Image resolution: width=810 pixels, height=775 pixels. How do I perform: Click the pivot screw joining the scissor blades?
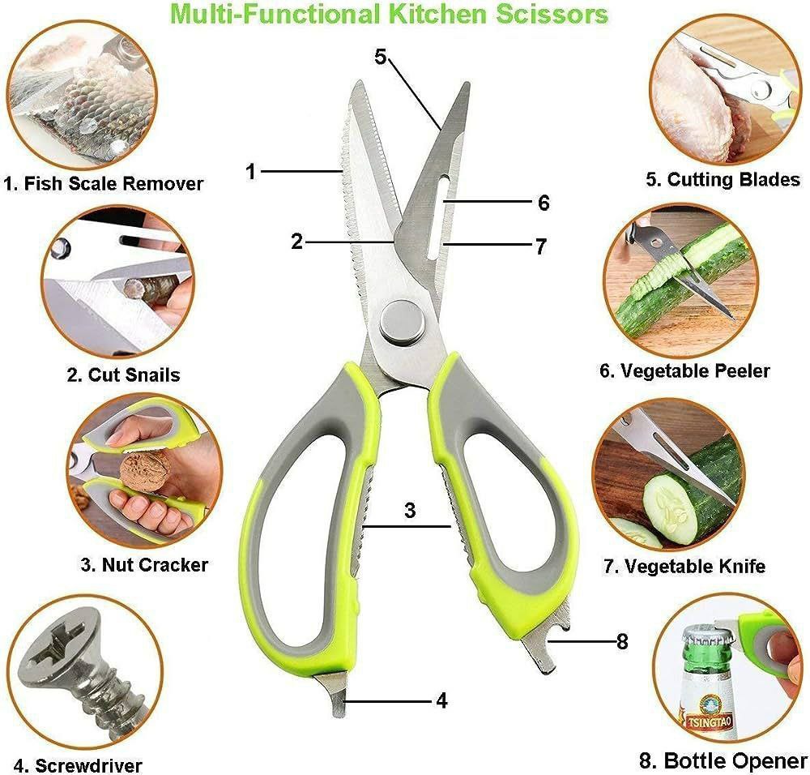pos(403,322)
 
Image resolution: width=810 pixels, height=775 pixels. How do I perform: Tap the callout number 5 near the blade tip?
pos(381,57)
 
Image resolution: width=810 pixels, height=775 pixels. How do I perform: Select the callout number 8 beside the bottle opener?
pos(622,641)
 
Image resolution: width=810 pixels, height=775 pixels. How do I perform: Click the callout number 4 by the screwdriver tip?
pos(441,701)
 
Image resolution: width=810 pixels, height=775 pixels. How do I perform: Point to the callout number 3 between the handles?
pos(410,510)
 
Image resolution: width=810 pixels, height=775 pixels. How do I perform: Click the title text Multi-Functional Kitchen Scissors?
pos(389,14)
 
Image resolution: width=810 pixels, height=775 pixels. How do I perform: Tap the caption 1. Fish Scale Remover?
pos(104,183)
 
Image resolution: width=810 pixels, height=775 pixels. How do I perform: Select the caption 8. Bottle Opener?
pos(723,760)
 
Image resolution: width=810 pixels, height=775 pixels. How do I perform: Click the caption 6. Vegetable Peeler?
pos(684,370)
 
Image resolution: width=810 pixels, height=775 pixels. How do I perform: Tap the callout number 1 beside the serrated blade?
pos(250,171)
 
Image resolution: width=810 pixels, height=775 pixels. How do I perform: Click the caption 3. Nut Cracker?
pos(145,564)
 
